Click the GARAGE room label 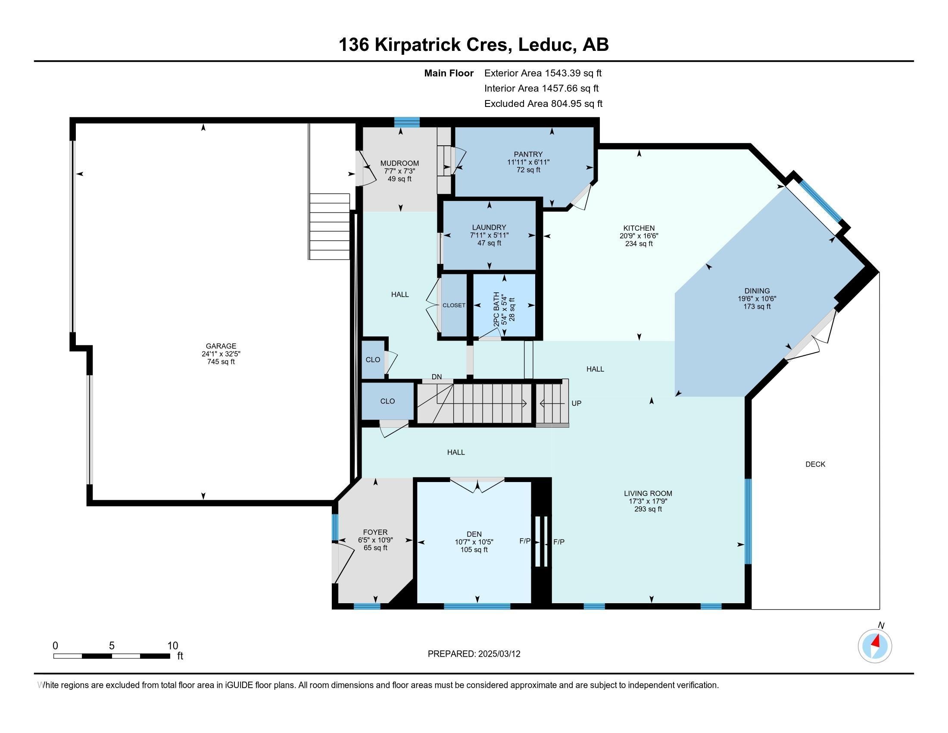point(221,346)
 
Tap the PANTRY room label point(528,154)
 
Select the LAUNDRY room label point(489,227)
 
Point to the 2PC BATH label point(496,309)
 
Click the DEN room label point(474,534)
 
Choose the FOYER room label point(375,532)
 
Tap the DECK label point(815,464)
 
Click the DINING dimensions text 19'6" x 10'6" point(757,299)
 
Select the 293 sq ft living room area point(648,509)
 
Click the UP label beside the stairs point(577,403)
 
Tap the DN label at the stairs point(437,376)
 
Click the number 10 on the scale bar point(173,645)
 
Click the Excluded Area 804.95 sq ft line point(543,104)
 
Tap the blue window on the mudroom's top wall point(407,122)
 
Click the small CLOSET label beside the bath point(454,305)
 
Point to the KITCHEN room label point(639,228)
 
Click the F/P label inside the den point(525,541)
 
